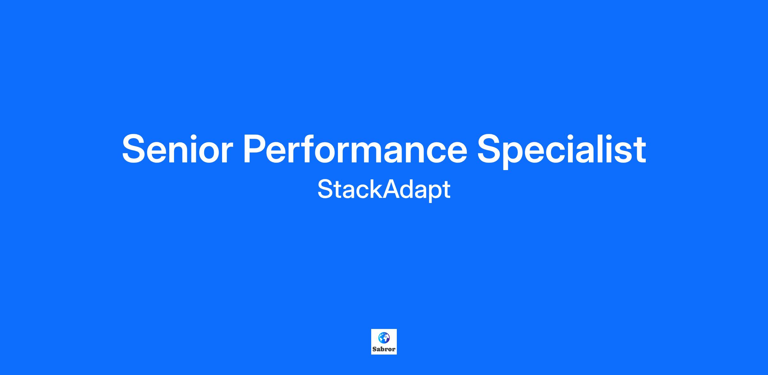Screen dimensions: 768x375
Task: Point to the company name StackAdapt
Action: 384,190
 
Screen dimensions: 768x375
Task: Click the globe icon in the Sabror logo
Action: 384,338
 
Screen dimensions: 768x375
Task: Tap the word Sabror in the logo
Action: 384,349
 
